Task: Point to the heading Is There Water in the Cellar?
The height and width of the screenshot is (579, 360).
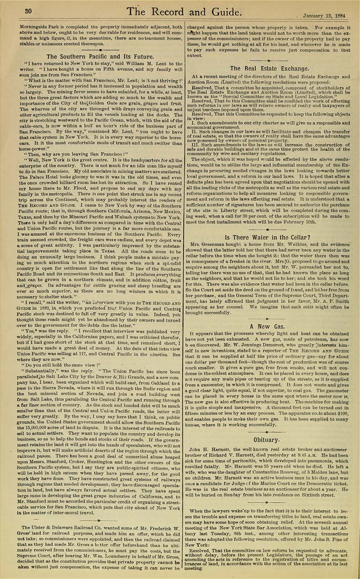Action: pos(268,222)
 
